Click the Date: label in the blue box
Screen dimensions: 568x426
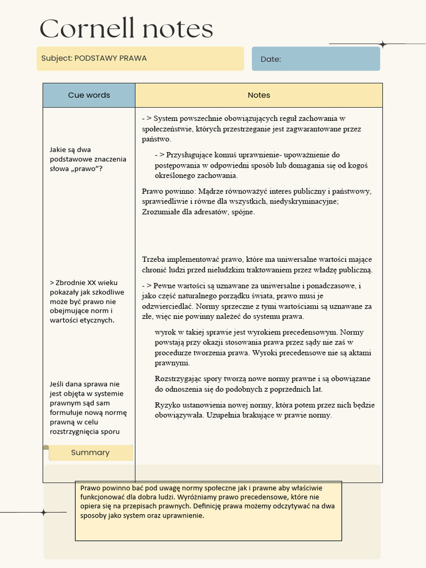coord(271,59)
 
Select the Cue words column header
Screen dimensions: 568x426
coord(89,95)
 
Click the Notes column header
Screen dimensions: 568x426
coord(258,95)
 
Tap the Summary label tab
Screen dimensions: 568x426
coord(90,453)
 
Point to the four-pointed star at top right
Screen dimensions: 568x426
coord(382,44)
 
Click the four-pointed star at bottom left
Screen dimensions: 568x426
coord(43,513)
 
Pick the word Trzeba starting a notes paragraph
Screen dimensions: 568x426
coord(154,259)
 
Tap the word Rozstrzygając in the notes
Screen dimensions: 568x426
coord(179,379)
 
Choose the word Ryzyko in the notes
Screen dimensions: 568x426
coord(166,405)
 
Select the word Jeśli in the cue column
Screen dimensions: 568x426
coord(58,384)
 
